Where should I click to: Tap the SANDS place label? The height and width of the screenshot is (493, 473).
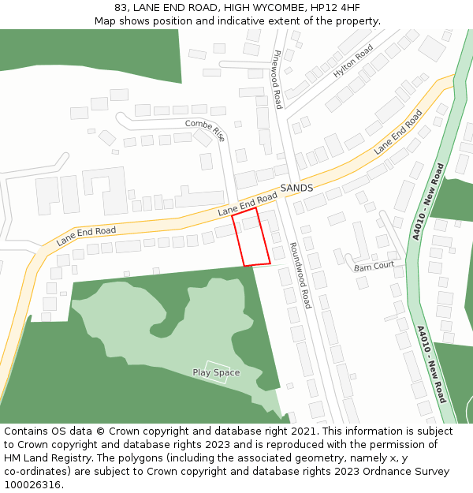(x=296, y=189)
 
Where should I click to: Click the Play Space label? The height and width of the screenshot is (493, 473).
(x=216, y=372)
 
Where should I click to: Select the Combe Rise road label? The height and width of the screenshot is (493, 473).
(x=205, y=129)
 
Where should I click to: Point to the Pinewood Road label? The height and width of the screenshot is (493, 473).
(x=277, y=80)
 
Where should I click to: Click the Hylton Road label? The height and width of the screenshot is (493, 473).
(x=352, y=61)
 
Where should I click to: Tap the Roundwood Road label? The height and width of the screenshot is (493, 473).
(x=300, y=275)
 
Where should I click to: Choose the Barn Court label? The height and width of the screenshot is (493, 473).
(x=374, y=266)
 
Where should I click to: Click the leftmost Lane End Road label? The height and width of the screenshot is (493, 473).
(x=86, y=234)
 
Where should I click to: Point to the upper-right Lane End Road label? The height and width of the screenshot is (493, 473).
(x=397, y=132)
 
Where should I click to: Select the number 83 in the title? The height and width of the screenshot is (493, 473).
(x=121, y=7)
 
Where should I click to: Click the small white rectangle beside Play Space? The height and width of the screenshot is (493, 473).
(x=217, y=372)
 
